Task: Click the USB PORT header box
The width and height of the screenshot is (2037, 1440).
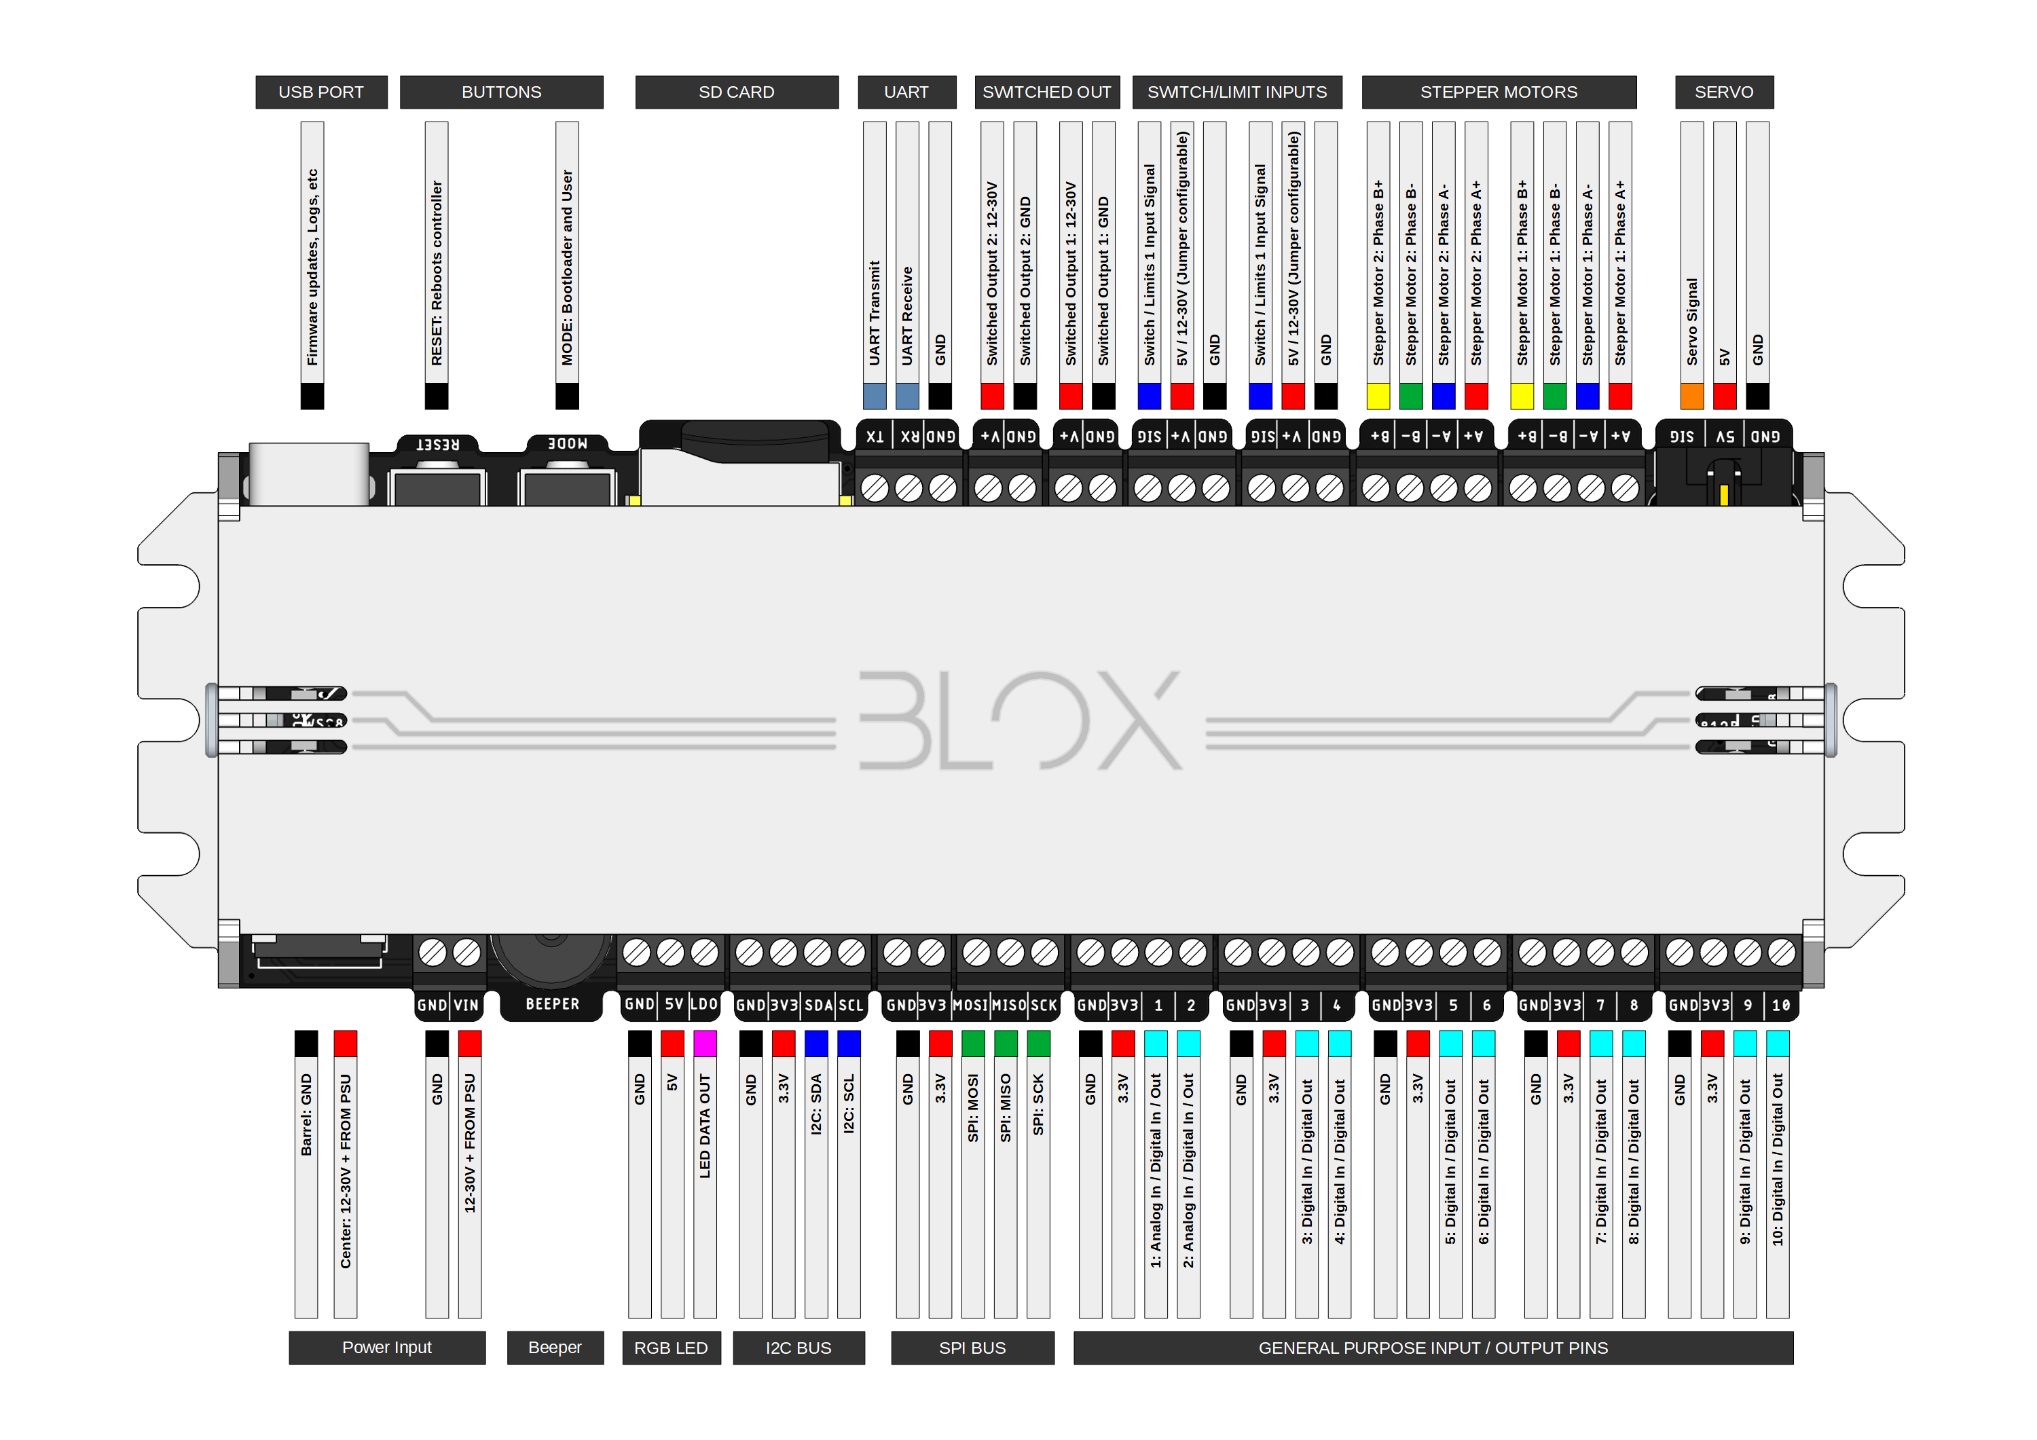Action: pyautogui.click(x=321, y=92)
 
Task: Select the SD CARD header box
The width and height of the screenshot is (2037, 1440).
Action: pyautogui.click(x=736, y=92)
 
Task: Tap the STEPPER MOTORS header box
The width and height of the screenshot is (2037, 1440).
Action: pyautogui.click(x=1499, y=92)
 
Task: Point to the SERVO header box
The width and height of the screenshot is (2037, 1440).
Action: pyautogui.click(x=1724, y=92)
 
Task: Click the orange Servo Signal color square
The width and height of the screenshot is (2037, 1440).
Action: pyautogui.click(x=1692, y=396)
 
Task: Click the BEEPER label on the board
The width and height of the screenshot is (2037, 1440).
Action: pyautogui.click(x=552, y=1004)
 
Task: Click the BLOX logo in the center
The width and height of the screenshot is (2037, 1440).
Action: pyautogui.click(x=1021, y=720)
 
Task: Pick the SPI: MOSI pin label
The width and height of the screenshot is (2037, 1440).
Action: pyautogui.click(x=973, y=1107)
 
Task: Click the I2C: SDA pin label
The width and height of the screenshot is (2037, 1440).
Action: pyautogui.click(x=816, y=1104)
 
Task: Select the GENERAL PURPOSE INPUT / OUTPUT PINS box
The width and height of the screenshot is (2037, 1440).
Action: pyautogui.click(x=1433, y=1348)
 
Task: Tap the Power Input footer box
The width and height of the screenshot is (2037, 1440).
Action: pyautogui.click(x=387, y=1348)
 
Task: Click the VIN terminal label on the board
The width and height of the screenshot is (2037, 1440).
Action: pyautogui.click(x=466, y=1005)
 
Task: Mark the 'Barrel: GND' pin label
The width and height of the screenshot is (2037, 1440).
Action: pyautogui.click(x=306, y=1114)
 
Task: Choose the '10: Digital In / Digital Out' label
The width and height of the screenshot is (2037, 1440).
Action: pyautogui.click(x=1777, y=1159)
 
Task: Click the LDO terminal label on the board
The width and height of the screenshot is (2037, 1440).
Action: pyautogui.click(x=703, y=1004)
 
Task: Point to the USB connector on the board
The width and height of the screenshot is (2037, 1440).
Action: pyautogui.click(x=309, y=474)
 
